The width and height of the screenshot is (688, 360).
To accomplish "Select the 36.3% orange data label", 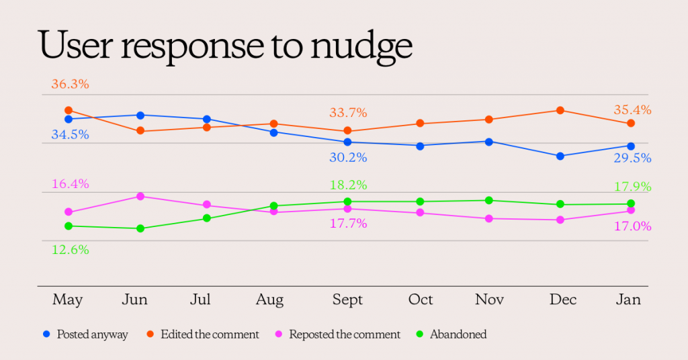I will pos(70,85).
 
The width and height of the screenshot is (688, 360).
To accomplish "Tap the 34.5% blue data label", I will pos(70,135).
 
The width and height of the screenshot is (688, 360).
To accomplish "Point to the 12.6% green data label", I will pos(70,249).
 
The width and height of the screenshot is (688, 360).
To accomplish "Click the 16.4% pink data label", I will pos(70,184).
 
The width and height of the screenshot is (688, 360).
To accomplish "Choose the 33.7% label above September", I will pos(347,113).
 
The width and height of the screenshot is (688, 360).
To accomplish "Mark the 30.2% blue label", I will pos(347,158).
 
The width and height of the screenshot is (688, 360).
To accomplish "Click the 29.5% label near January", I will pos(632,159).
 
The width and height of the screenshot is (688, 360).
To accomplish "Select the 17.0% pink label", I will pos(632,226).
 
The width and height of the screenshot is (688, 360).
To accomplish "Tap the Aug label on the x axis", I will pos(270,300).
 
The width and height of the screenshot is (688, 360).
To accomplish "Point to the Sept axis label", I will pos(347,300).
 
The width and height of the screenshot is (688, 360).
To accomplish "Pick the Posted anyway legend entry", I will pos(86,334).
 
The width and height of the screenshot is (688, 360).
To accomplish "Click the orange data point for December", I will pos(559,111).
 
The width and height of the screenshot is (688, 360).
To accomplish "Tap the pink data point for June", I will pos(140,196).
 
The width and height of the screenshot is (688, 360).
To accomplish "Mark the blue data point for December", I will pos(559,156).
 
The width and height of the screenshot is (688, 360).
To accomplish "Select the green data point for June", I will pos(140,228).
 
